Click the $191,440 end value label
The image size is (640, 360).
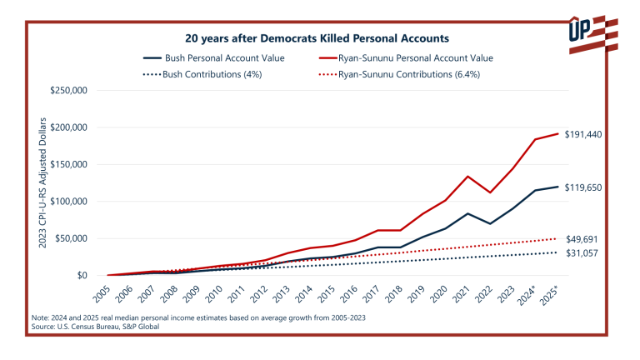click(582, 134)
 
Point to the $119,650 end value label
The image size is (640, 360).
click(582, 187)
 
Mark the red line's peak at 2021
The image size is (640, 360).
click(468, 177)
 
